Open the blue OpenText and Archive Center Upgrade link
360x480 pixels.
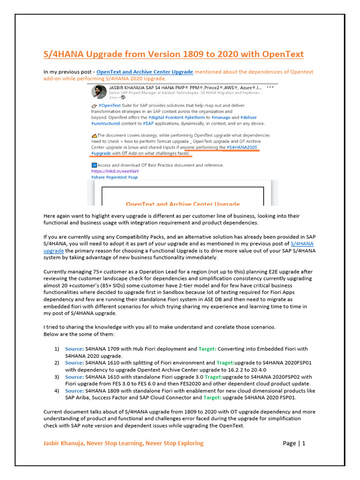pyautogui.click(x=144, y=72)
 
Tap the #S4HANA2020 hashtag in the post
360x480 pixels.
pyautogui.click(x=242, y=147)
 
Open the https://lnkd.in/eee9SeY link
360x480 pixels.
pyautogui.click(x=108, y=171)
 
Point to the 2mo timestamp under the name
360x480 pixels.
pyautogui.click(x=112, y=97)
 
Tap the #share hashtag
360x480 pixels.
pyautogui.click(x=97, y=178)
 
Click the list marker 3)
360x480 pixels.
pyautogui.click(x=57, y=377)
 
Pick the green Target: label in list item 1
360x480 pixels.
pyautogui.click(x=208, y=349)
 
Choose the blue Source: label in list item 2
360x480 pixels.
pyautogui.click(x=74, y=363)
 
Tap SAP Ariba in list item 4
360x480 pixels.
pyautogui.click(x=78, y=398)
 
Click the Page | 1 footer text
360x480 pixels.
pyautogui.click(x=294, y=443)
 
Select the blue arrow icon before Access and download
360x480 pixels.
pyautogui.click(x=94, y=165)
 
